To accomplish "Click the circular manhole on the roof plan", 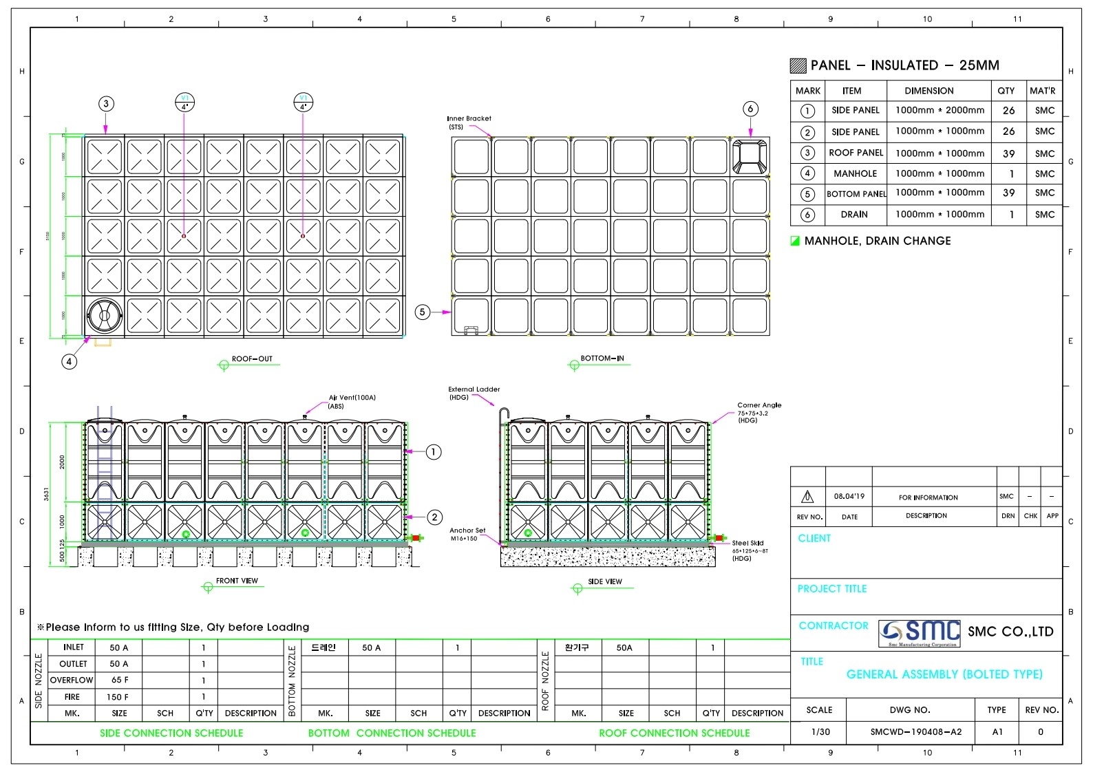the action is (105, 316).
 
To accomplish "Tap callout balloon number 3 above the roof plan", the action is (105, 104).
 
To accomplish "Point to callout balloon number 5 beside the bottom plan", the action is (423, 312).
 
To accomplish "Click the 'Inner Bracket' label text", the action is (469, 118).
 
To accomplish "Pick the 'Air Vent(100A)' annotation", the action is (352, 398).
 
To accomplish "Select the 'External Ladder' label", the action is (474, 389).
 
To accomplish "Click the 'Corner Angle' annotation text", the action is (759, 405).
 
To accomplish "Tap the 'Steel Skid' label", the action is (747, 543).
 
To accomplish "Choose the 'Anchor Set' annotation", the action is (467, 530).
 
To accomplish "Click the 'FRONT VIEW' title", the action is (237, 581).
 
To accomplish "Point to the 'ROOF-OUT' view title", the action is (252, 359).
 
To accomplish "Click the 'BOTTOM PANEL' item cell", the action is (856, 194).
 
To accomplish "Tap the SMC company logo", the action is (919, 632).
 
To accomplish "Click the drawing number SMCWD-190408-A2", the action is (916, 732).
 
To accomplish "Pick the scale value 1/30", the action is (820, 732).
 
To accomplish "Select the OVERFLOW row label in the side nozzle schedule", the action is (72, 680).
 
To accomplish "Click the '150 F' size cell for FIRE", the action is (118, 697).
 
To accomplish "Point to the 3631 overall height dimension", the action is (47, 494).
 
